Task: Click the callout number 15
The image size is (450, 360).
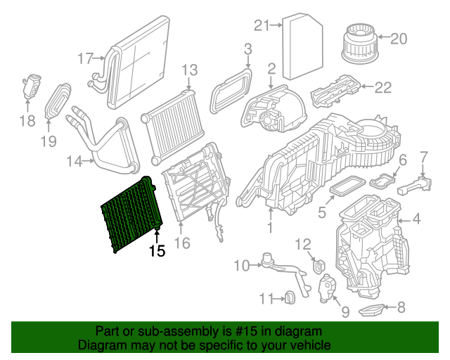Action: coord(157,250)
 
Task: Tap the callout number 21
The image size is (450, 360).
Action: coord(262,26)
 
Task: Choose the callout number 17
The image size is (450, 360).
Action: coord(85,59)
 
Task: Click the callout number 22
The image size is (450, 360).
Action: coord(382,87)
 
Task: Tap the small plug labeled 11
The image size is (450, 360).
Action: coord(288,299)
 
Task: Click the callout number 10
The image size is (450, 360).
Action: coord(242,265)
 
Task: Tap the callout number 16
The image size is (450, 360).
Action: coord(182,244)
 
